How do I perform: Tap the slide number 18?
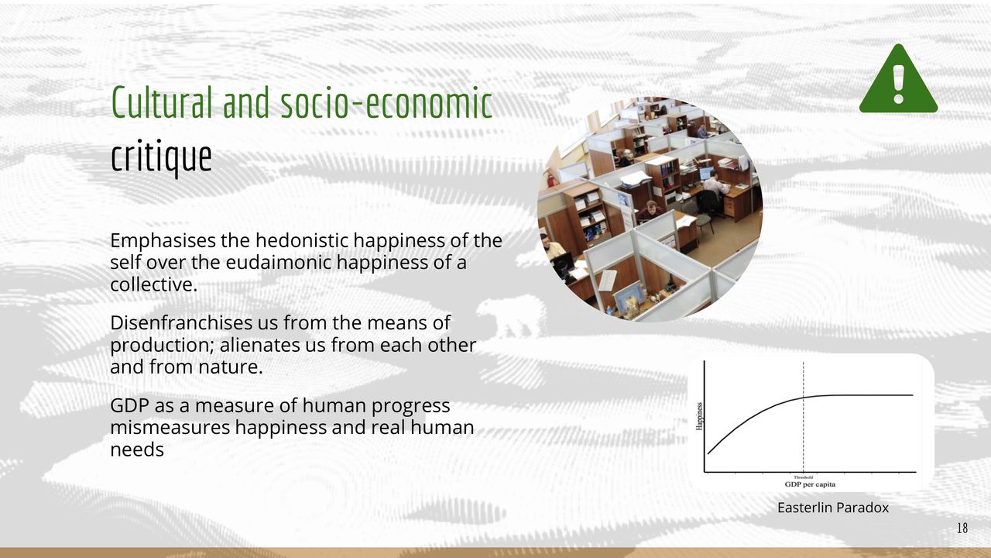coord(962,528)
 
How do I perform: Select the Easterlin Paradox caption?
coord(832,508)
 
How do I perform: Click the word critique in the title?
coord(161,157)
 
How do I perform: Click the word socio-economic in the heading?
coord(386,102)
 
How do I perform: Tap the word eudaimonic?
coord(279,262)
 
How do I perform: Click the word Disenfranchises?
coord(181,322)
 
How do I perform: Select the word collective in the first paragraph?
coord(153,284)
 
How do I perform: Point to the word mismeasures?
coord(170,427)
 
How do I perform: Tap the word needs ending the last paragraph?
coord(137,450)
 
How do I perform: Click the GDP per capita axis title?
coord(810,484)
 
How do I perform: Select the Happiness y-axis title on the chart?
coord(699,416)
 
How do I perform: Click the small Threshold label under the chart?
coord(804,477)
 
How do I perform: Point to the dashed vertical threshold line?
coord(804,417)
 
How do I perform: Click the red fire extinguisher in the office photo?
coord(550,180)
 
